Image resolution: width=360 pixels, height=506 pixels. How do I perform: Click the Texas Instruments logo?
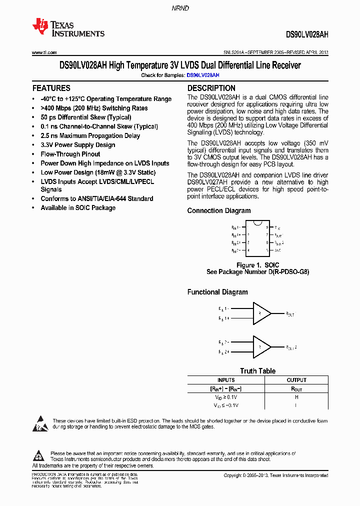[68, 28]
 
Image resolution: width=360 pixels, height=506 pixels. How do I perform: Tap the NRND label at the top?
[179, 8]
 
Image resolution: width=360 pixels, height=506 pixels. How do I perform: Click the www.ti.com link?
[44, 52]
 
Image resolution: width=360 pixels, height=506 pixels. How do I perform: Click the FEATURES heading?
[51, 88]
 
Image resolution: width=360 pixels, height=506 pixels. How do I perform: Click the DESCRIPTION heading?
[211, 88]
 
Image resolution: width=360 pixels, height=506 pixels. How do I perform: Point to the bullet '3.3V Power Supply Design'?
[77, 145]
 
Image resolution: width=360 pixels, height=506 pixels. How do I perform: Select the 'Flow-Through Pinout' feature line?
[70, 154]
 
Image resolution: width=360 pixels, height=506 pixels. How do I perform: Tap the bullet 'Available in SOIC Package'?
[77, 207]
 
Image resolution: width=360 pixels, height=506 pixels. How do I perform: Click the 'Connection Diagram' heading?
[219, 210]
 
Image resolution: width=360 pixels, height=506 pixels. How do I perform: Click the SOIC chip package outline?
[257, 238]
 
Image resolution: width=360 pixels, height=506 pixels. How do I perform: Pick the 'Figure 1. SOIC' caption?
[257, 265]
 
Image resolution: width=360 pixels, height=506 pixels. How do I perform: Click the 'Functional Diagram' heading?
[217, 292]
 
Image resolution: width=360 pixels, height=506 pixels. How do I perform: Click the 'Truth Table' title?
[257, 371]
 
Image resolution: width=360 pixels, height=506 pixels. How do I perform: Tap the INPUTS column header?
[226, 380]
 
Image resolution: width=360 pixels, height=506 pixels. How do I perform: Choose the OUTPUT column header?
[296, 380]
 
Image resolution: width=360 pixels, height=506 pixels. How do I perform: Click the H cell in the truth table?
[296, 397]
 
